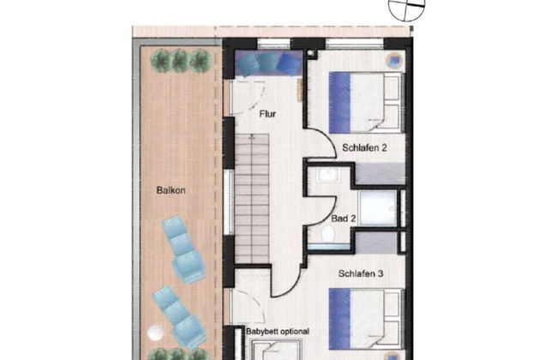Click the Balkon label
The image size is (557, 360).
[171, 190]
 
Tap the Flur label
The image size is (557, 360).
[267, 114]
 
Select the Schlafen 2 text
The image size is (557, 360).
[364, 147]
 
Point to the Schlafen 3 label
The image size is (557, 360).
[361, 273]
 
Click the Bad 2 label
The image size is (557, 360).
[343, 219]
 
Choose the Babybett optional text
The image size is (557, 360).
[278, 332]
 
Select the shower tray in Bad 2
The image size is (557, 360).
[378, 208]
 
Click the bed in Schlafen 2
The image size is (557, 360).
[366, 103]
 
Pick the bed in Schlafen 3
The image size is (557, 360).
[366, 319]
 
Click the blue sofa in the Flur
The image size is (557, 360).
[268, 63]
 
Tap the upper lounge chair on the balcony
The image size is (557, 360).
[183, 249]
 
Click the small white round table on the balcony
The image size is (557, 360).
[155, 333]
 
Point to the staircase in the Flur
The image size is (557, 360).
[252, 198]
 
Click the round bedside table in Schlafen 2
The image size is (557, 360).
[395, 61]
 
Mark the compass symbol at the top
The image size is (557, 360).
[406, 6]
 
